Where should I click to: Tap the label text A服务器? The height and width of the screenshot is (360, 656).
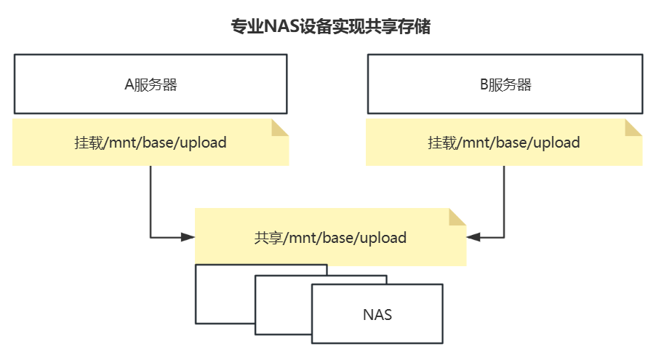(x=151, y=84)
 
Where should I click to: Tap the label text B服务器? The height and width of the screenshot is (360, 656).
(x=505, y=84)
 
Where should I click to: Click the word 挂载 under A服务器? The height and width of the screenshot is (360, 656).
(x=89, y=143)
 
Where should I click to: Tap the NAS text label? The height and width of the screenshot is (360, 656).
(x=377, y=314)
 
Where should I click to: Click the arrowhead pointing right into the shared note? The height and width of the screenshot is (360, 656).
(x=188, y=237)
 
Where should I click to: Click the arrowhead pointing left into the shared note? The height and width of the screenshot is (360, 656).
(x=473, y=237)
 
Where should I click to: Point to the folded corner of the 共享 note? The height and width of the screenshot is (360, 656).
(x=457, y=217)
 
